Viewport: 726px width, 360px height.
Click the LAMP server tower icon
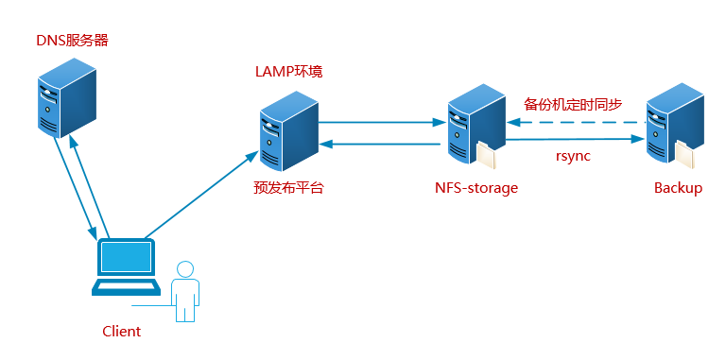click(287, 131)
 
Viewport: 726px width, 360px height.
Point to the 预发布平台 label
click(288, 187)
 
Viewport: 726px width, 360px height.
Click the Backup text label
click(678, 188)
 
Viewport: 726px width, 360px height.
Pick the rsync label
click(573, 156)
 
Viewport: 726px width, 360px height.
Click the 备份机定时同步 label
click(573, 104)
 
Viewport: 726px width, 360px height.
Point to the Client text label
click(121, 332)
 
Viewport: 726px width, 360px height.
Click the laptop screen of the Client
click(126, 256)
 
